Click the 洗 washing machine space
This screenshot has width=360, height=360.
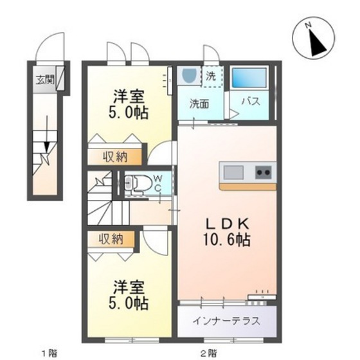(x=212, y=76)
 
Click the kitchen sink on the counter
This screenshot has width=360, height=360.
(x=233, y=172)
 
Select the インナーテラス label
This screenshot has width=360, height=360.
(x=227, y=321)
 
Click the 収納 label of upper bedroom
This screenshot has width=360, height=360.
(x=113, y=157)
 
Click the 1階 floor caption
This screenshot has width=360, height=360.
(x=50, y=352)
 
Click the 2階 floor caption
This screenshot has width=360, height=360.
(x=207, y=352)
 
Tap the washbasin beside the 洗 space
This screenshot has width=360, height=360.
(x=189, y=76)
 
